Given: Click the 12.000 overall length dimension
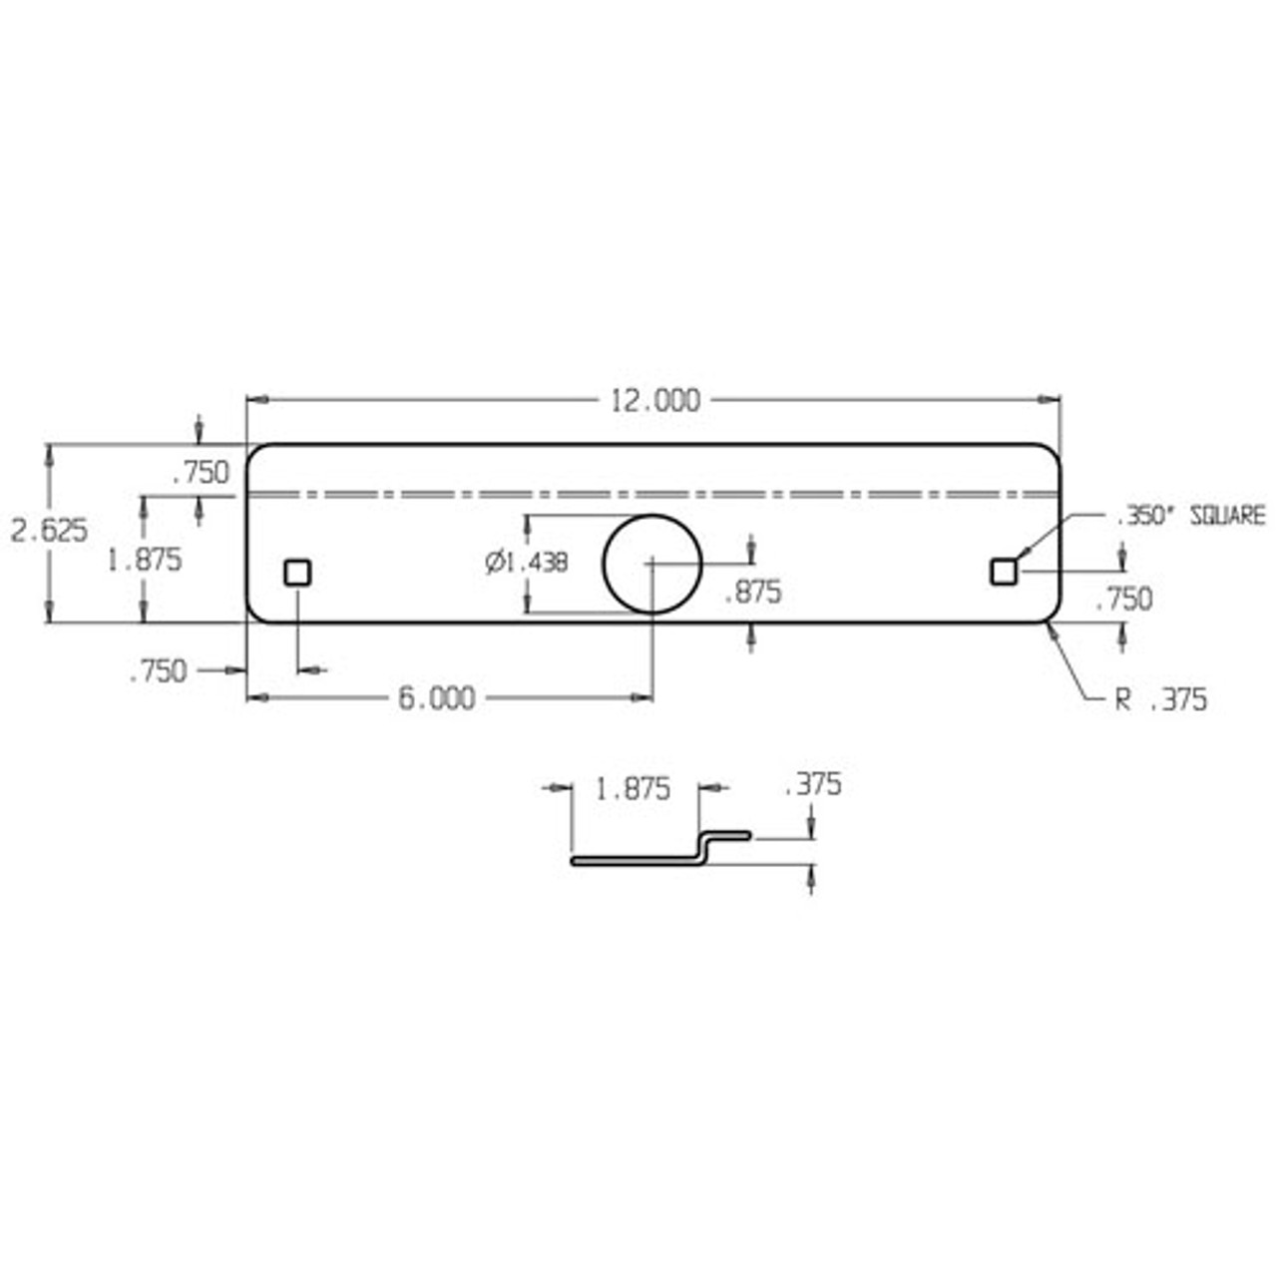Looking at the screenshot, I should pos(654,400).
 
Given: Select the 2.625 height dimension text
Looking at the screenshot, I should pos(49,530).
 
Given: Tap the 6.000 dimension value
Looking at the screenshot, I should pos(437,698).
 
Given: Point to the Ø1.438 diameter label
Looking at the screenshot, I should pos(527,563).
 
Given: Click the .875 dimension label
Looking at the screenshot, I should pos(752,593).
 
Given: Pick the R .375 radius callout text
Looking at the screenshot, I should pos(1160,699).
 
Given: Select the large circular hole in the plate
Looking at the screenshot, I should pos(652,564).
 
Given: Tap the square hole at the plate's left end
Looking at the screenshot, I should pos(297,573).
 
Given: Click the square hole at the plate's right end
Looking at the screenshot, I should pos(1003,572).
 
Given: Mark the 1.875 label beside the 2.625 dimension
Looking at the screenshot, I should pos(145,560).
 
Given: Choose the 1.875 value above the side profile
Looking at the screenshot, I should pos(633,789).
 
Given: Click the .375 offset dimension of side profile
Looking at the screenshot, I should pos(812,785).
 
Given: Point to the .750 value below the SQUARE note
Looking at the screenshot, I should pos(1123,599).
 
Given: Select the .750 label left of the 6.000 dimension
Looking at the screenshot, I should pos(158,671).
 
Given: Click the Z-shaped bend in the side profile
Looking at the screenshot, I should pos(704,847).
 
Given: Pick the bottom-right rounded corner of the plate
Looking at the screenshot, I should pos(1051,612).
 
